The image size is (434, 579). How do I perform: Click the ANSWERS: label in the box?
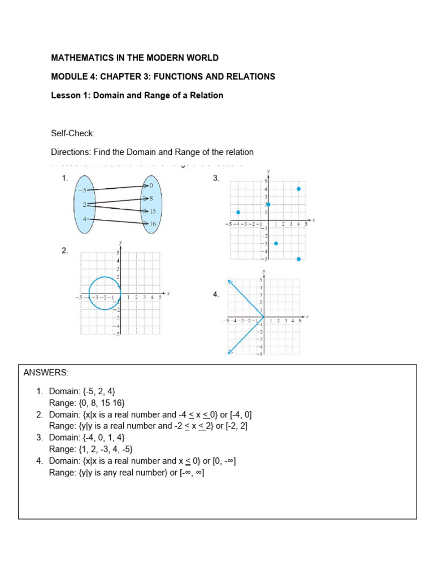[x=46, y=373]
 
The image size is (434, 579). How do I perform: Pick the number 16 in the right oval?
[x=152, y=224]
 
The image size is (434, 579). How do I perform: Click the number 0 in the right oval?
[x=150, y=185]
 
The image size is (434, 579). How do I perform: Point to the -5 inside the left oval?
[x=83, y=191]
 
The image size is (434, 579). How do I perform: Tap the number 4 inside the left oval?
[x=84, y=219]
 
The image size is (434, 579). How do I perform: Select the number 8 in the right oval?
[x=151, y=198]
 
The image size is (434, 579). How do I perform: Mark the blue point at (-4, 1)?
[x=238, y=212]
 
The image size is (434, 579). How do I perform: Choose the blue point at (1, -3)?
[x=276, y=243]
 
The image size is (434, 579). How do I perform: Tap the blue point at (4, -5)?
[x=298, y=259]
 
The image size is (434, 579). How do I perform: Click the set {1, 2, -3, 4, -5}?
[x=102, y=450]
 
